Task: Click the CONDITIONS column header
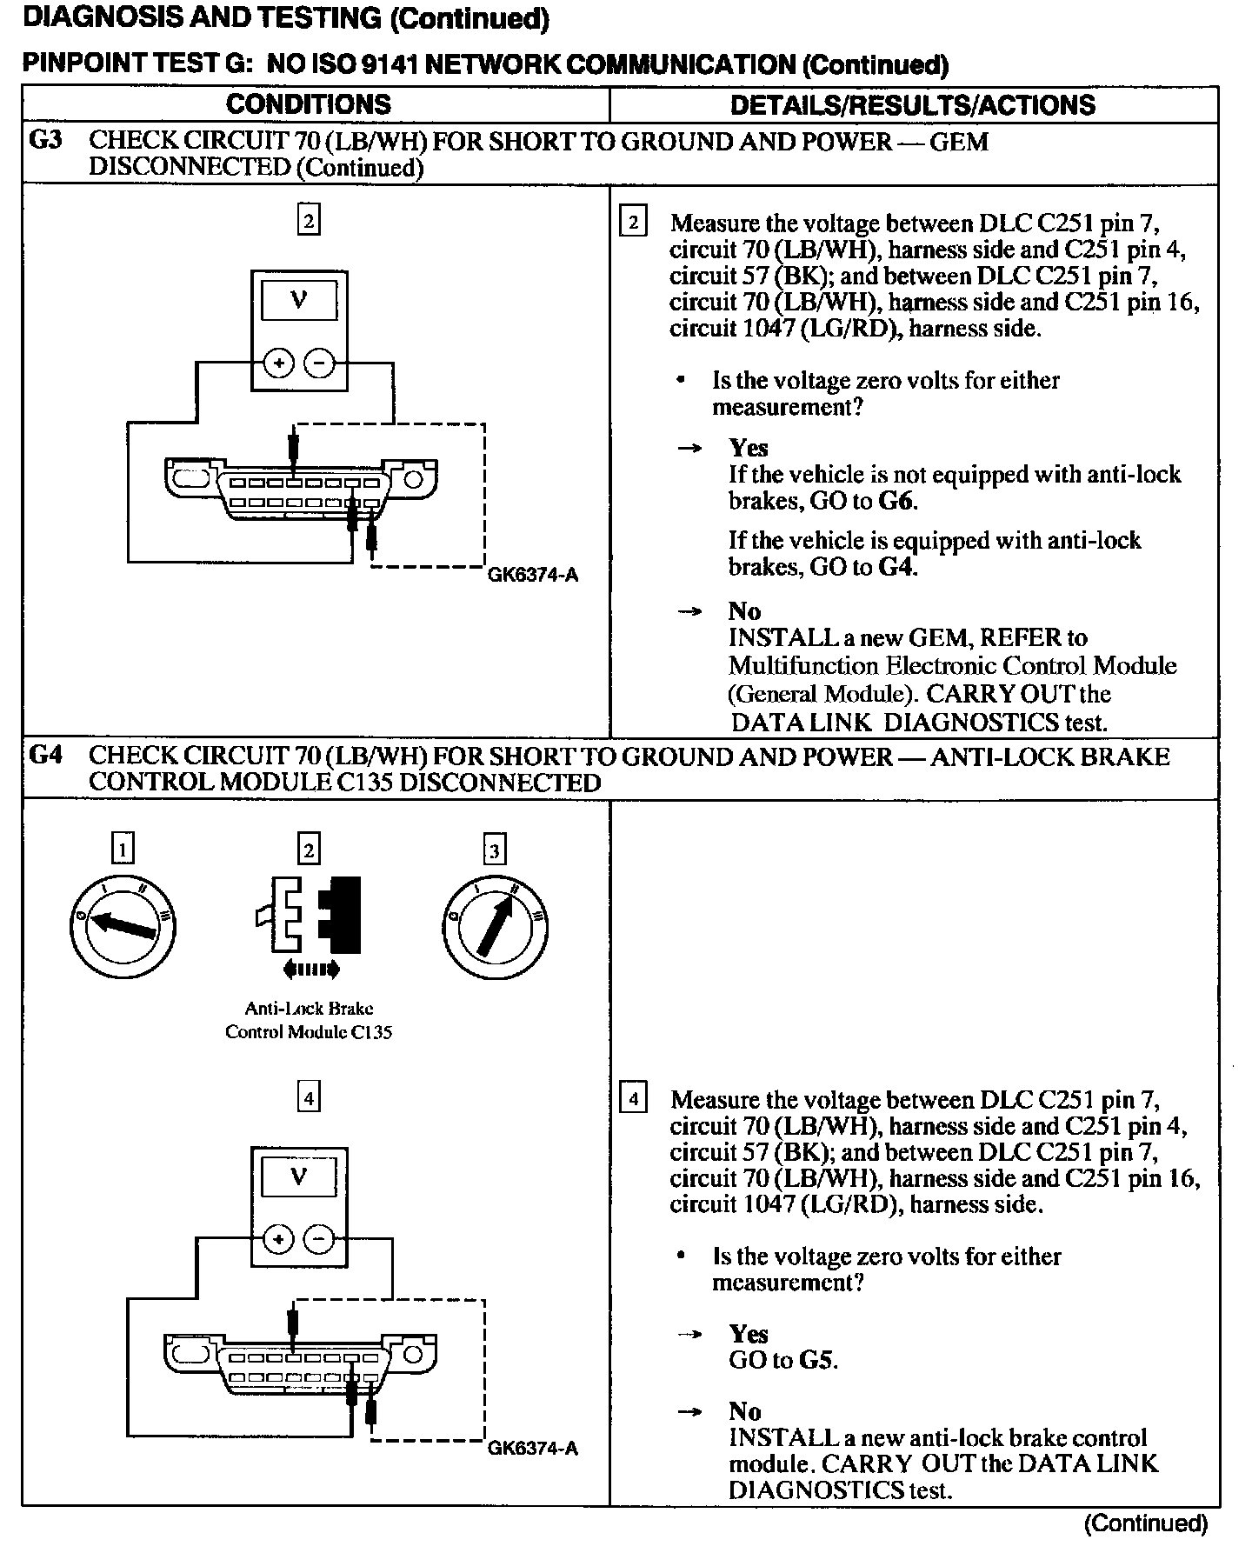[308, 104]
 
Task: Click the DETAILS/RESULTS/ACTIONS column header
[912, 104]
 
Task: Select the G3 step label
[45, 140]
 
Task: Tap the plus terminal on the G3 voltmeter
[278, 363]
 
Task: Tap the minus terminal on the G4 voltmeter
[320, 1240]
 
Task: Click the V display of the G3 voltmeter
[299, 300]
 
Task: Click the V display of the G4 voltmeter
[299, 1176]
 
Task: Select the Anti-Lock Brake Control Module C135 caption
[309, 1020]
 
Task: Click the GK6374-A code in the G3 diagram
[533, 575]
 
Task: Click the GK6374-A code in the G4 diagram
[533, 1448]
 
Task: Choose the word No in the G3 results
[744, 611]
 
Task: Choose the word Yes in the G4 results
[748, 1334]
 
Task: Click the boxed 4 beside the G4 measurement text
[633, 1099]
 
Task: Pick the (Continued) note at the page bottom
[1146, 1523]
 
